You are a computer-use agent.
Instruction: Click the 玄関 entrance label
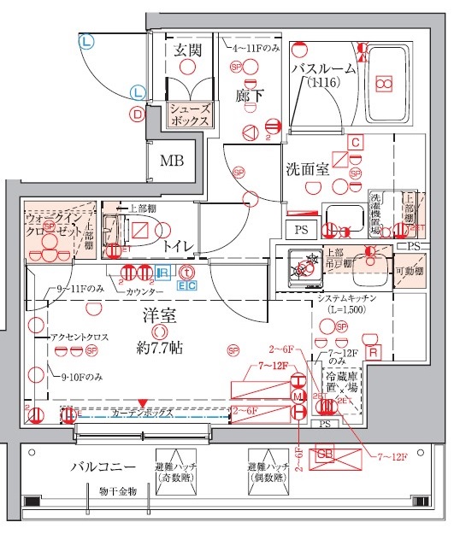click(187, 50)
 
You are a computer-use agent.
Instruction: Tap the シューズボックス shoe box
click(189, 115)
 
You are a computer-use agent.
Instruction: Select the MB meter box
click(172, 160)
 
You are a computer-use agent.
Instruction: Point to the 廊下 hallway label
click(248, 96)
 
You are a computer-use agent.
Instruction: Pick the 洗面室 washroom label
click(308, 169)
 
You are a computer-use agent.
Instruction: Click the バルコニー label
click(103, 467)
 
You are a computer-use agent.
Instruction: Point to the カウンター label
click(145, 292)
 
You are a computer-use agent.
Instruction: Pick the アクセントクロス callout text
click(80, 338)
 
